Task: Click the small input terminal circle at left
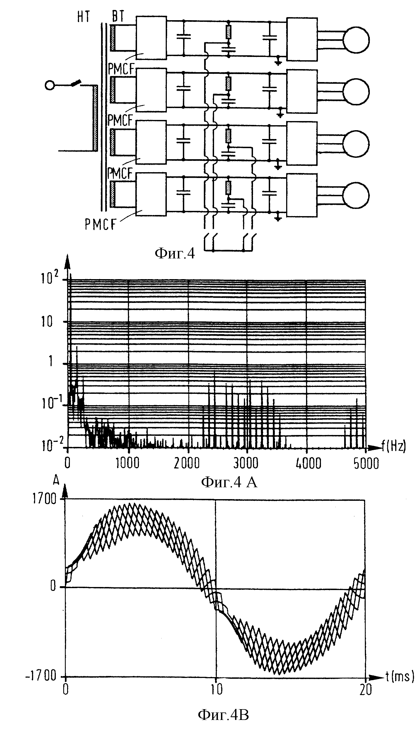pyautogui.click(x=50, y=85)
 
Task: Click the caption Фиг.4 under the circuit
pyautogui.click(x=175, y=253)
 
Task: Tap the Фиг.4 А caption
pyautogui.click(x=229, y=482)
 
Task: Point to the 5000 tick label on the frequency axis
pyautogui.click(x=366, y=463)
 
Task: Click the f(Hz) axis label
pyautogui.click(x=394, y=447)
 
